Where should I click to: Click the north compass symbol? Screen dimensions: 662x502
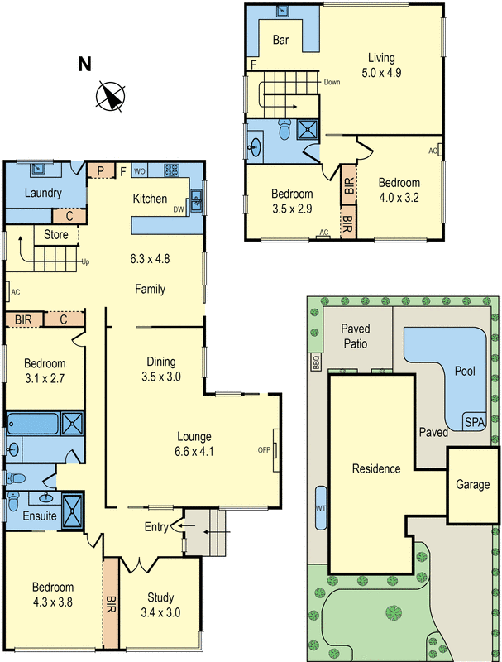[x=110, y=96]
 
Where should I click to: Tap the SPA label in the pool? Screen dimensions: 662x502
[x=474, y=421]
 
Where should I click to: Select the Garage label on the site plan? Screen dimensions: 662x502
[x=474, y=485]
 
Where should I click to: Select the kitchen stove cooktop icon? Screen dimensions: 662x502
[x=172, y=171]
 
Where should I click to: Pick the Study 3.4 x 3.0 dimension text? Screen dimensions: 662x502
[x=161, y=613]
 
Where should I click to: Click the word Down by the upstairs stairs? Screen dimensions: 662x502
[x=332, y=82]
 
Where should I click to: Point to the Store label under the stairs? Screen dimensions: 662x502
[x=55, y=235]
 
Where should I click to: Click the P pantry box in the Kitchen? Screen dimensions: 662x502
[x=101, y=171]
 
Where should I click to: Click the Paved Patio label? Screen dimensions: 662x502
[x=356, y=335]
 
